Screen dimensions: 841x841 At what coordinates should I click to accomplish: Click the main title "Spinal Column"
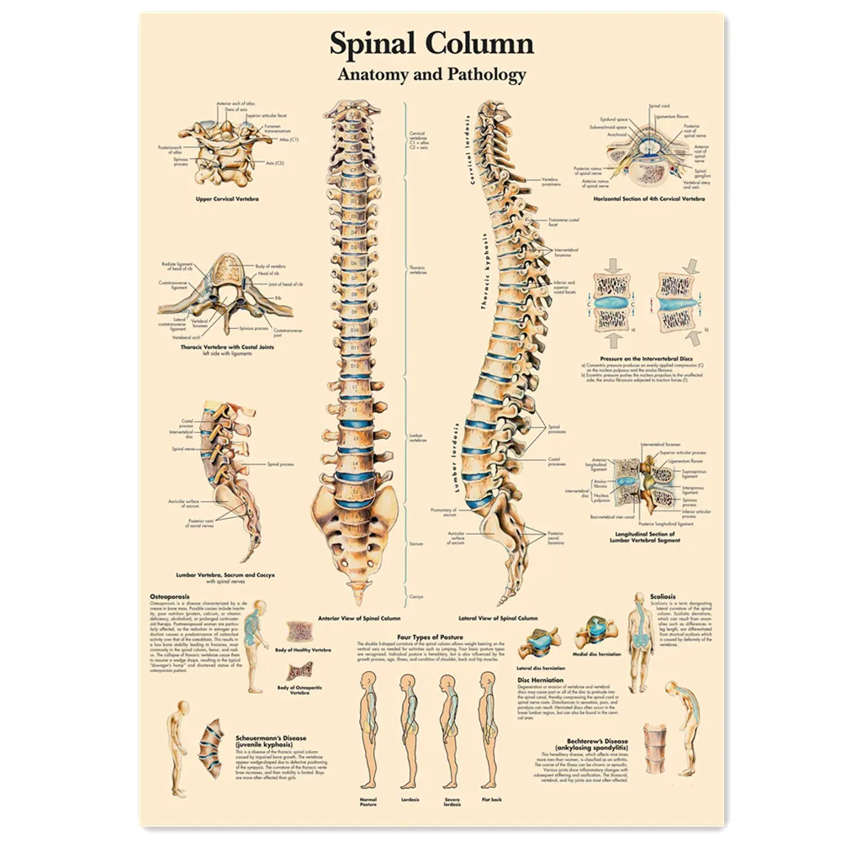pos(431,45)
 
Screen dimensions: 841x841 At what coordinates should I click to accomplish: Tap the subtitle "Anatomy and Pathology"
pos(431,74)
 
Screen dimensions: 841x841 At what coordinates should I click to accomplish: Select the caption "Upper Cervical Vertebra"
pos(227,198)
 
